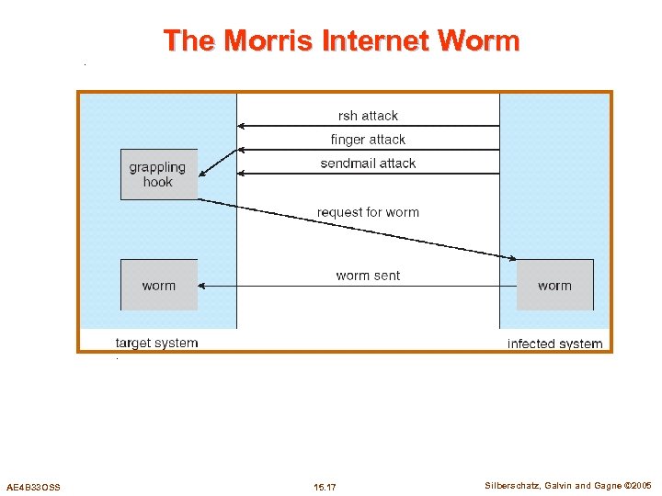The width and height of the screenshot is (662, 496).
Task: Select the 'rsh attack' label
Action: (368, 116)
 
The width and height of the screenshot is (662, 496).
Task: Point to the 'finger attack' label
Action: (368, 140)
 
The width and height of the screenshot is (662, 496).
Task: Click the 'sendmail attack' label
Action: (368, 163)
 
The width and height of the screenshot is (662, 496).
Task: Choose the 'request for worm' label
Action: (368, 212)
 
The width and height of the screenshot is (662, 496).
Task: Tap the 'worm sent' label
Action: (368, 276)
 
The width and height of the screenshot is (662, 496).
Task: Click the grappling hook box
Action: (158, 175)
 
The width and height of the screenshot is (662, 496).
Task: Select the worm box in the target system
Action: (158, 286)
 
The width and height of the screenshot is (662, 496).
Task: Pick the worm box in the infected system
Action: (554, 286)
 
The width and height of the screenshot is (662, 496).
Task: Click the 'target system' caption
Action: (156, 343)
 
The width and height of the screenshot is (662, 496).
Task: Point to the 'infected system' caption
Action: (554, 344)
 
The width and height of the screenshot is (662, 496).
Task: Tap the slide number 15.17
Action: (325, 486)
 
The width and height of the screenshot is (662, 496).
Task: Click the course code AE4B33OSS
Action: (33, 486)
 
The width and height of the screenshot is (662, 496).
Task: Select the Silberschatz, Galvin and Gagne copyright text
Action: (567, 485)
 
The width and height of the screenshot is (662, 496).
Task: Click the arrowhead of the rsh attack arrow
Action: (241, 125)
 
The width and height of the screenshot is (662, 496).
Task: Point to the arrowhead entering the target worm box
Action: (202, 286)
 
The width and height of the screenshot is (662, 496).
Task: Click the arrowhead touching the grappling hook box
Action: (202, 174)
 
